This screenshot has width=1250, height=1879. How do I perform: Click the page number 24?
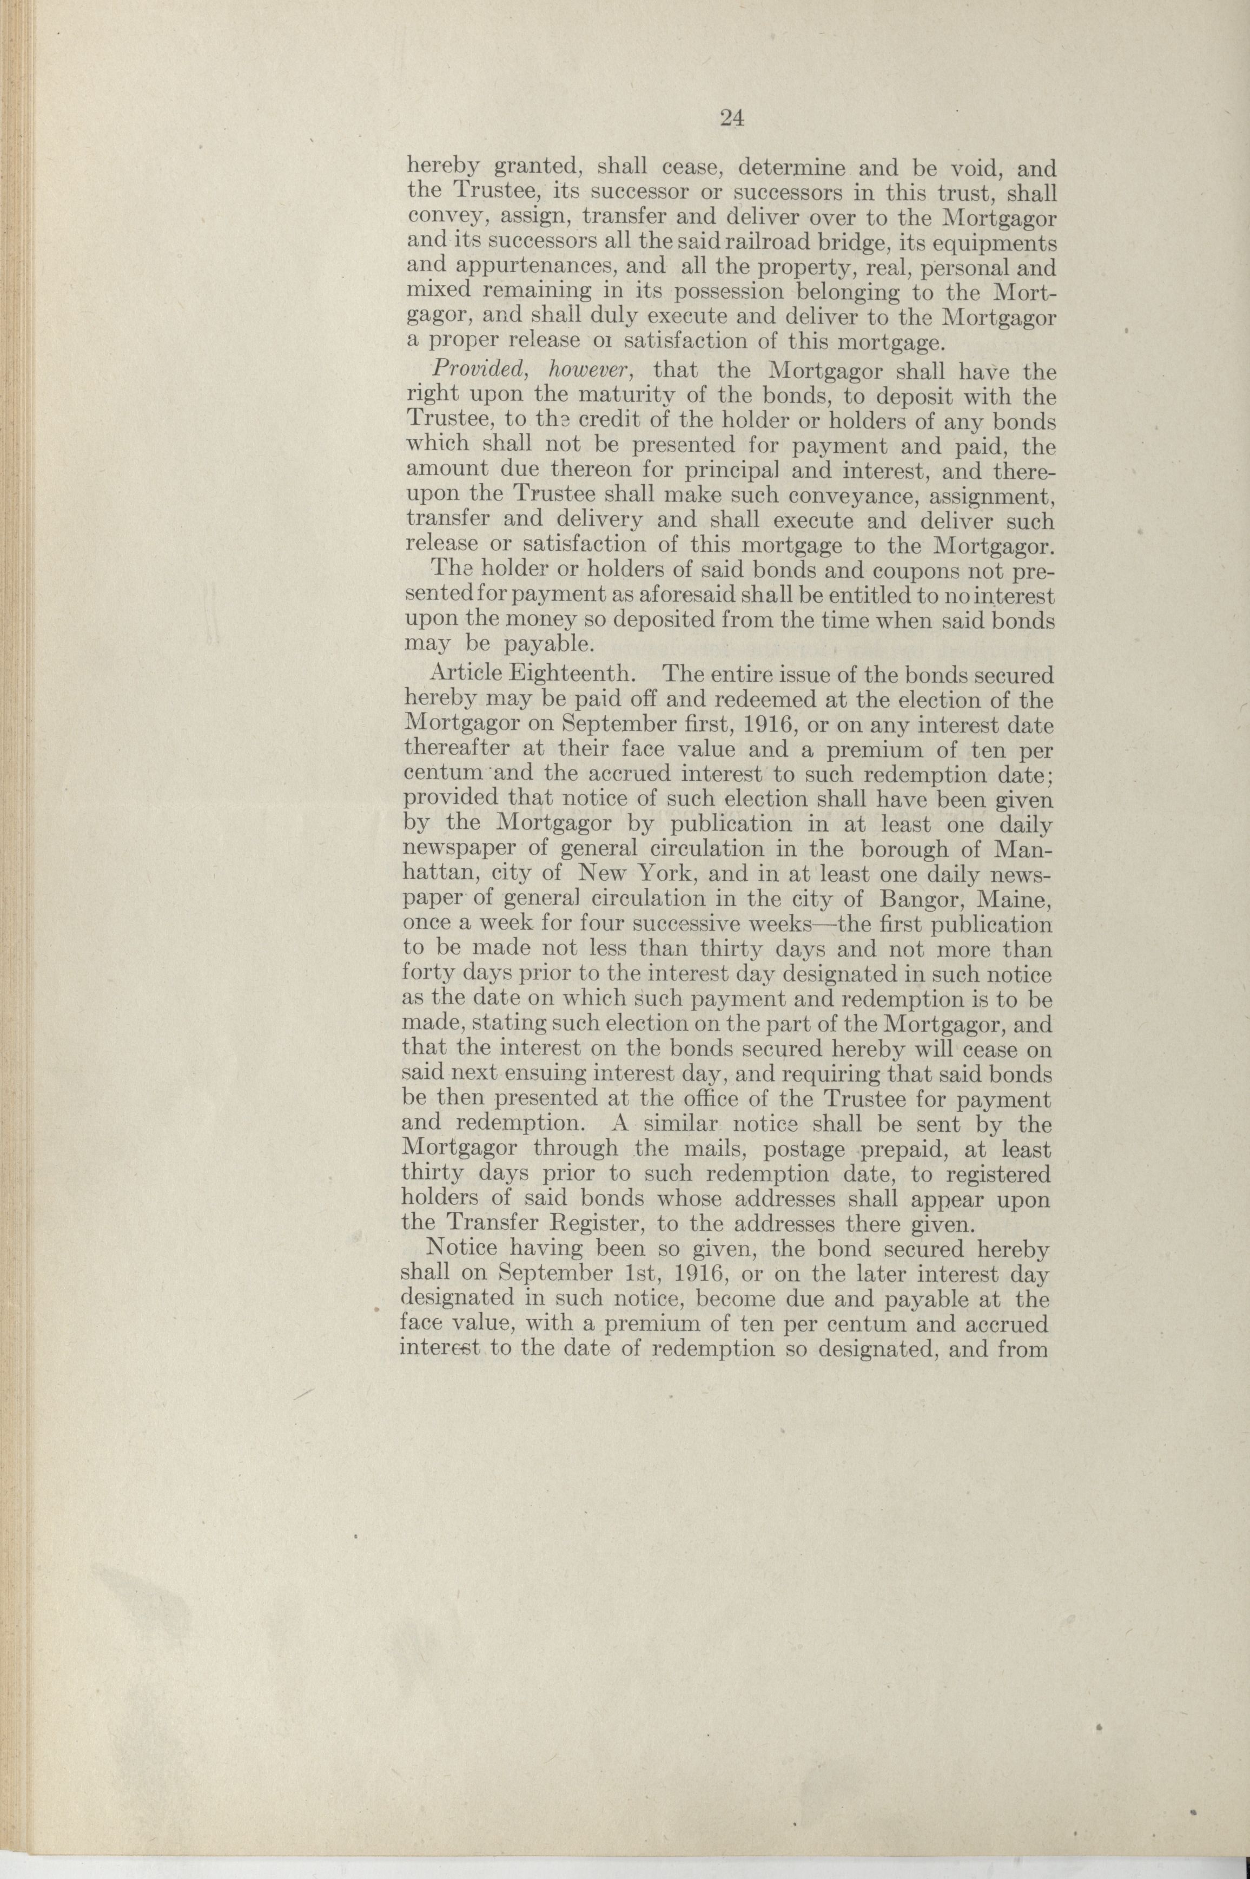click(732, 119)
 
